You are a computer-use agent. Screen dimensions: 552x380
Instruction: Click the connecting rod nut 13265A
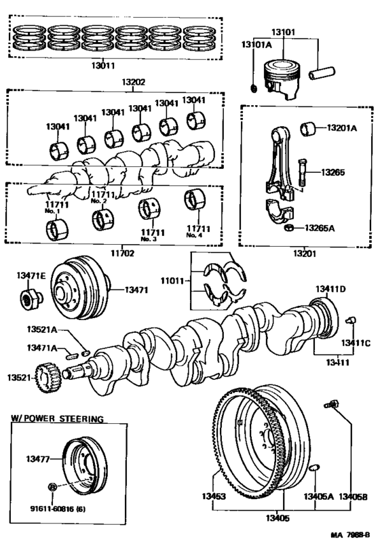288,227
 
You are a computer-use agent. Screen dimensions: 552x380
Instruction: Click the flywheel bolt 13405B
332,405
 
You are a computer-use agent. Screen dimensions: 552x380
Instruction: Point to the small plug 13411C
351,320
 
